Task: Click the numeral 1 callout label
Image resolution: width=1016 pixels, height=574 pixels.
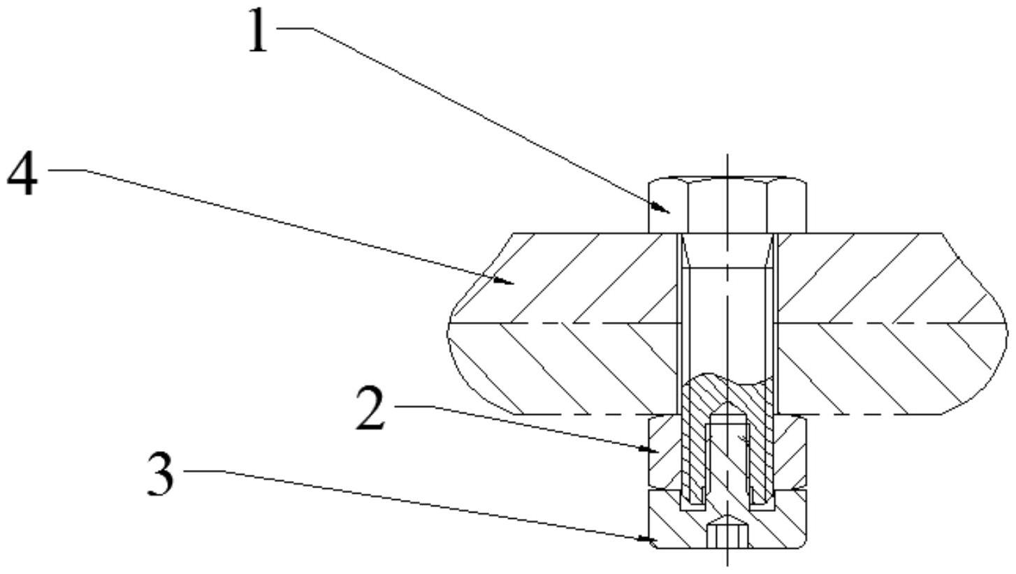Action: (259, 32)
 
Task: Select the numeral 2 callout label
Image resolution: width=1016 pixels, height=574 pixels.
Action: (370, 409)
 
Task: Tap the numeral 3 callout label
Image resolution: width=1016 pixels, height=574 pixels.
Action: (161, 474)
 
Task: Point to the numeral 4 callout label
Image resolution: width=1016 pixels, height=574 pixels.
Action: (22, 174)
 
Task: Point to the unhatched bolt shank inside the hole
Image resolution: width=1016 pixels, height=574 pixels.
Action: (727, 321)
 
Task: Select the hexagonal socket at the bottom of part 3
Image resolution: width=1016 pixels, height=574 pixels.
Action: (727, 536)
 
